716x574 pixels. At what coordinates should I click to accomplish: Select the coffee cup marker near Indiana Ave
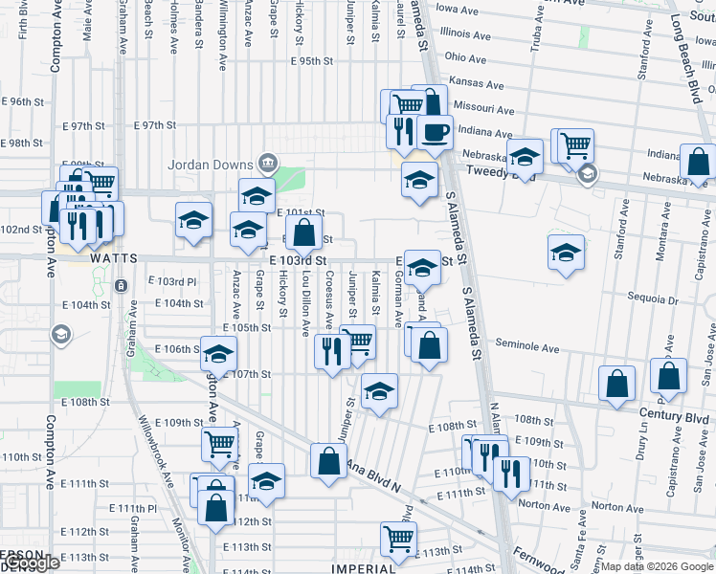click(x=435, y=132)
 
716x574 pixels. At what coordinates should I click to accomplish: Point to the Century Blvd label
click(x=676, y=418)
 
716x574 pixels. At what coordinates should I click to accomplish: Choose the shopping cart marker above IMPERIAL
click(x=398, y=539)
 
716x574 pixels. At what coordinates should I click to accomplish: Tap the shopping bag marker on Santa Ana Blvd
click(x=328, y=460)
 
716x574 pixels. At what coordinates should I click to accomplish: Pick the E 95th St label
click(x=311, y=60)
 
